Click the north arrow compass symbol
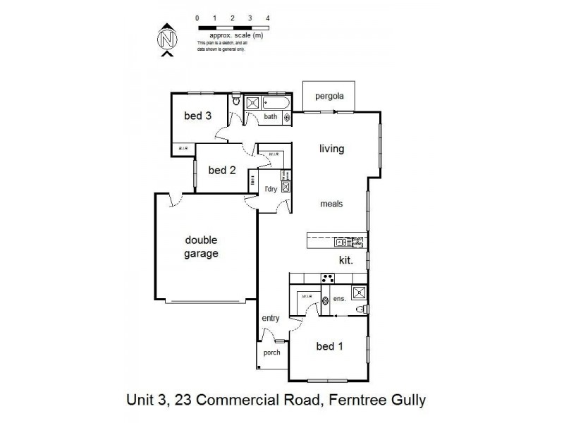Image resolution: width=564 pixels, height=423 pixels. (167, 39)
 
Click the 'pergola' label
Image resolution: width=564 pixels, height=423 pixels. (329, 96)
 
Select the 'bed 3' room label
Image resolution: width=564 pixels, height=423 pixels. (198, 116)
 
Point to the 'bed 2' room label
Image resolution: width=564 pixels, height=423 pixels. (222, 170)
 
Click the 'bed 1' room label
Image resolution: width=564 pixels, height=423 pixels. (330, 346)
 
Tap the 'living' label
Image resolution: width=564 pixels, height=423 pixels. (331, 149)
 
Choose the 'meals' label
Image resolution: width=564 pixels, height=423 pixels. (331, 204)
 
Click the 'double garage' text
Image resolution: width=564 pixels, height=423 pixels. (202, 247)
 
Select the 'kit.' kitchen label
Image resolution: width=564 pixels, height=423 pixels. (345, 260)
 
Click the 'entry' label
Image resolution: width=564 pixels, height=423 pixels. (271, 318)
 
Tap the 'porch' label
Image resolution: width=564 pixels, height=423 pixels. (271, 352)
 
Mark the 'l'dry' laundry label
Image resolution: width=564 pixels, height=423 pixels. (270, 190)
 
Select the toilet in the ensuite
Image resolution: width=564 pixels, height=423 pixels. (361, 310)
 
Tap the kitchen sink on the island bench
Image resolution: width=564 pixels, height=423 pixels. (341, 243)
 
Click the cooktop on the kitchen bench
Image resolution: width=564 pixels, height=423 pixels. (327, 278)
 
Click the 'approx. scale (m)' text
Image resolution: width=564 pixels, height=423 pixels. (232, 34)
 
